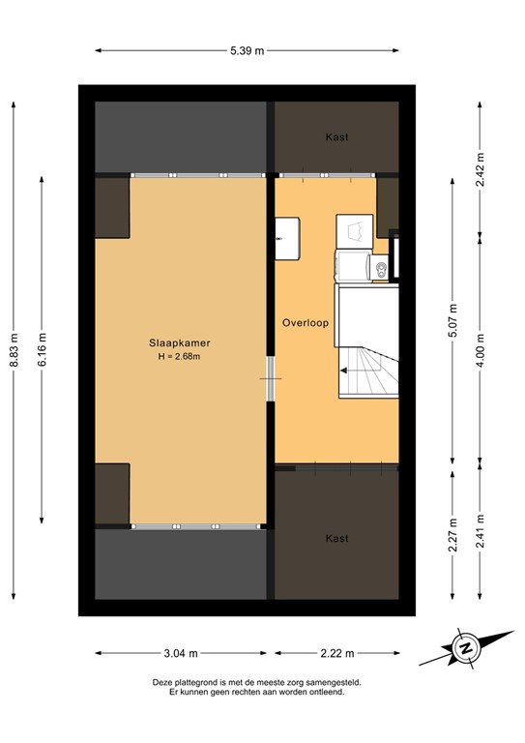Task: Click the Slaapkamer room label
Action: click(180, 342)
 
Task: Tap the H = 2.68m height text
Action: click(180, 356)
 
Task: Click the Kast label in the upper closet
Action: click(336, 137)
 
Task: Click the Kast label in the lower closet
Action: click(336, 538)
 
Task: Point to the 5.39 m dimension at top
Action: click(247, 51)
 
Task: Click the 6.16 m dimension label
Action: click(43, 345)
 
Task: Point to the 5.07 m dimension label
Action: click(452, 318)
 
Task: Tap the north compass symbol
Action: click(464, 649)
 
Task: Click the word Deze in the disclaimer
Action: click(163, 682)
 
